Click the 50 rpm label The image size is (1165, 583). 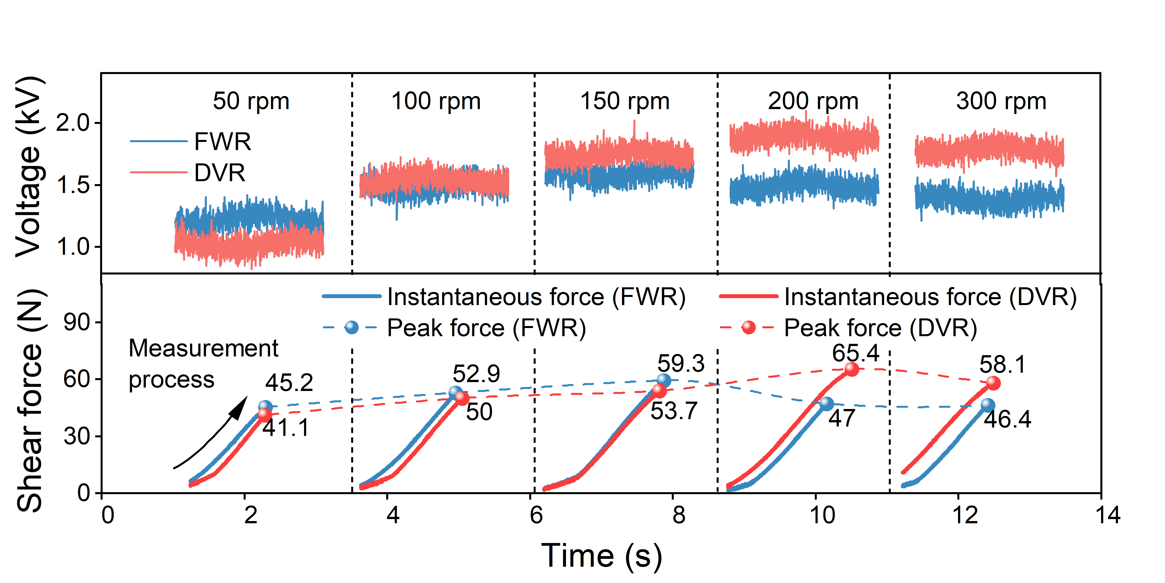[x=251, y=101]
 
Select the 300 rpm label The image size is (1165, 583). [x=1001, y=101]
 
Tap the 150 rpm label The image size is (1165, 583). [x=625, y=101]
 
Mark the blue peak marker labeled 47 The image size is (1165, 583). [x=826, y=403]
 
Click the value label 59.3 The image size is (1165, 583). [x=681, y=364]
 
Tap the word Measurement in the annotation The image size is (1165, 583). [x=203, y=349]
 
